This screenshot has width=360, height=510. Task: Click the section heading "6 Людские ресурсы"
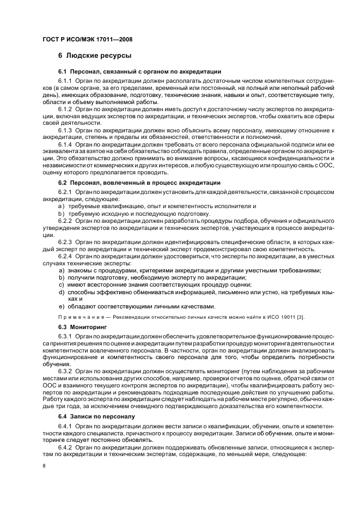(x=94, y=56)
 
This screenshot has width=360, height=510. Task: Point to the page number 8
(x=44, y=466)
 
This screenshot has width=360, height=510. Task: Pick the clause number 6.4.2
(x=65, y=447)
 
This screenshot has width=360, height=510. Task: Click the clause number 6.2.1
(x=65, y=192)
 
